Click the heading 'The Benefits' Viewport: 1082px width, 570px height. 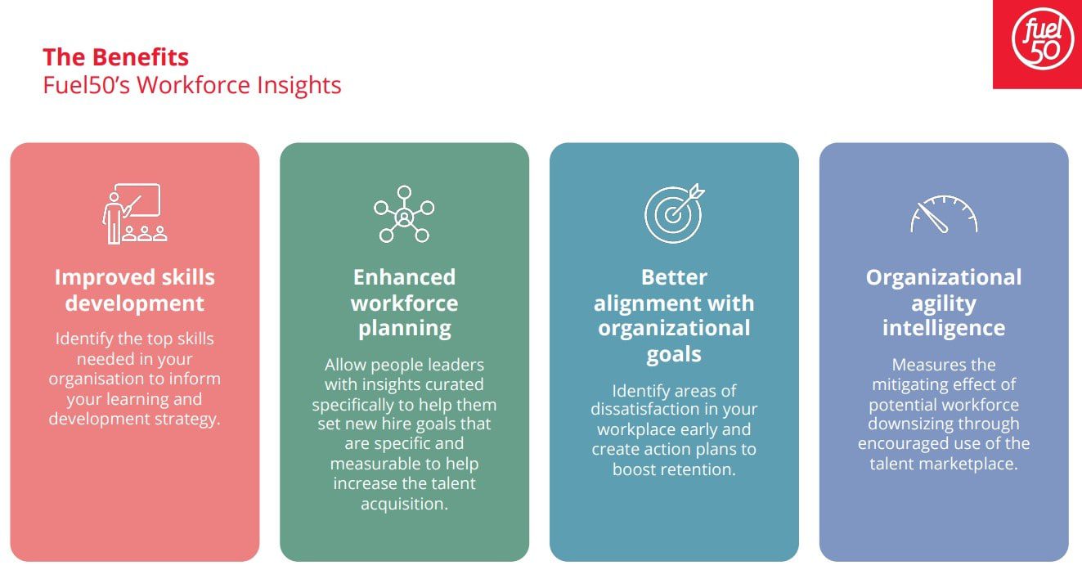pos(115,57)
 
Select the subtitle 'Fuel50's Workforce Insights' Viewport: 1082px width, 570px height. pos(191,85)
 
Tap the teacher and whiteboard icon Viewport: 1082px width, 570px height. pos(135,213)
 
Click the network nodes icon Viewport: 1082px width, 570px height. pos(404,214)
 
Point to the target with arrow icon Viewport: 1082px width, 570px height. pos(675,213)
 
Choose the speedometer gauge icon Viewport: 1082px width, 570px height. pos(944,214)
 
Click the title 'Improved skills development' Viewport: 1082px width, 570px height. pos(134,290)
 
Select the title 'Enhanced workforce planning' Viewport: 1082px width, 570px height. pos(404,303)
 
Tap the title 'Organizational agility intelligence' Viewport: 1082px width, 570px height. pos(944,303)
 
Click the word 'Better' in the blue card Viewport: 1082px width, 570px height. pos(674,277)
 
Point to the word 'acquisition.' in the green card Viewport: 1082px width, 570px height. pos(404,505)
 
